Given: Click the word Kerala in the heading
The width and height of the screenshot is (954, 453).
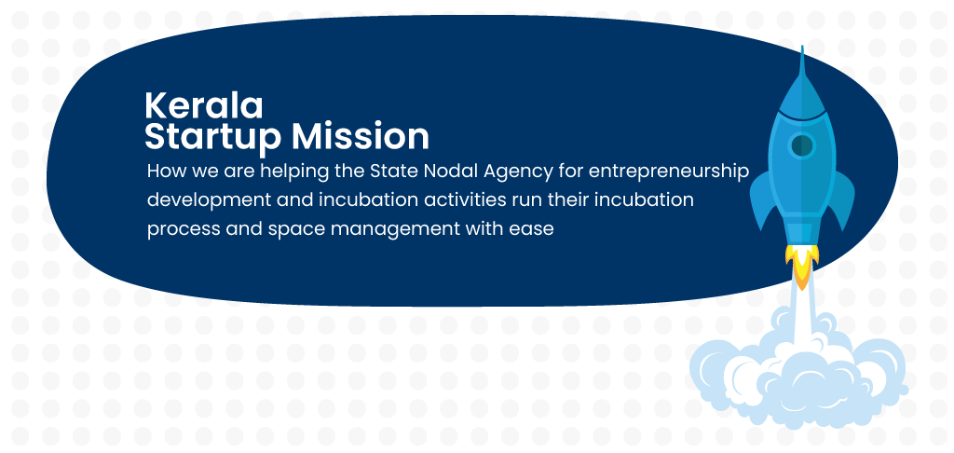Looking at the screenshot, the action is pyautogui.click(x=204, y=106).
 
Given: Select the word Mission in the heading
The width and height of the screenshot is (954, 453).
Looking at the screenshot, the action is pyautogui.click(x=361, y=136).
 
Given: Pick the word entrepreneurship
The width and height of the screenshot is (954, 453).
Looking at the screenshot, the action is pyautogui.click(x=668, y=172).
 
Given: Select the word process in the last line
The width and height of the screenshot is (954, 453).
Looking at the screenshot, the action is pyautogui.click(x=184, y=230).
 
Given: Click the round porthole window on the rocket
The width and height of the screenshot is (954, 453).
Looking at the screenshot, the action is pyautogui.click(x=802, y=145).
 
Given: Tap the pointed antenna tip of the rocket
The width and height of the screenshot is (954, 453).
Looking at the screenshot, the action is pyautogui.click(x=802, y=47).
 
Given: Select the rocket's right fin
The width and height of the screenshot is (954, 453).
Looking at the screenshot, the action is pyautogui.click(x=841, y=199).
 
